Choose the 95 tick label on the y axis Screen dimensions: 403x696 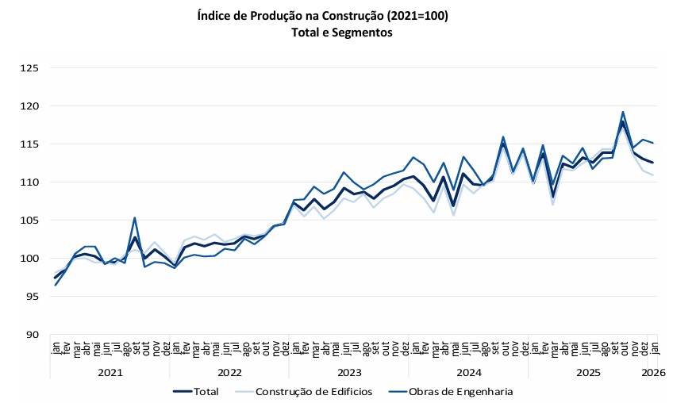click(x=31, y=297)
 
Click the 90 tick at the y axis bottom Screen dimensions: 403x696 click(x=31, y=335)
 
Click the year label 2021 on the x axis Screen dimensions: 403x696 click(x=110, y=372)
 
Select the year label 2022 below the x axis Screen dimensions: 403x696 click(x=229, y=372)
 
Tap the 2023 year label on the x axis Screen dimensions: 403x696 click(x=349, y=372)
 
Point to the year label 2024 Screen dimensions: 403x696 click(x=469, y=372)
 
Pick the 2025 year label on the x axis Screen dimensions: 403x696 click(x=588, y=372)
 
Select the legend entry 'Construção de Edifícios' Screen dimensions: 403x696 click(x=311, y=391)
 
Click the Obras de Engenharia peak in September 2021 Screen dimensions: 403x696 click(x=135, y=217)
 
